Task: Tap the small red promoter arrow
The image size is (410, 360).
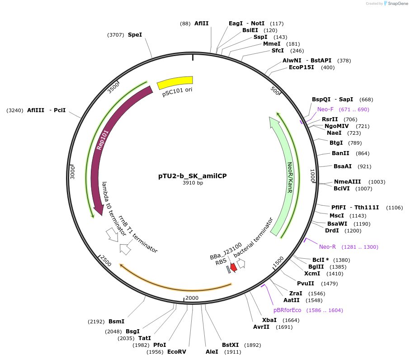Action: click(233, 267)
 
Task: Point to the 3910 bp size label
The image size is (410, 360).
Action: click(193, 183)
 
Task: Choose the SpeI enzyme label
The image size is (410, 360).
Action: click(135, 34)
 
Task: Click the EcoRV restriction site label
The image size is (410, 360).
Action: click(177, 351)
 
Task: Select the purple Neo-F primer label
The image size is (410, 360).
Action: click(325, 109)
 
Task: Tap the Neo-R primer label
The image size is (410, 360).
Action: click(327, 247)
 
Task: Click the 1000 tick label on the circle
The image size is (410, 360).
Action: click(312, 176)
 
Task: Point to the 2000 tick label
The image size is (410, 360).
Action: click(192, 298)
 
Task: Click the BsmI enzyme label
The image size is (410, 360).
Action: click(116, 322)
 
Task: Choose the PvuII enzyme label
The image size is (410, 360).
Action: click(306, 284)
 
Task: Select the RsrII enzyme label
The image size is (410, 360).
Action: click(330, 119)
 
